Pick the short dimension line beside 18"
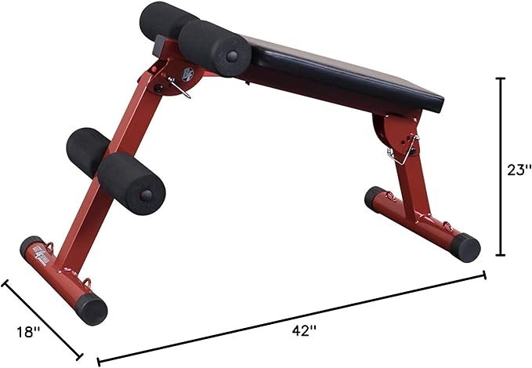42,316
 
